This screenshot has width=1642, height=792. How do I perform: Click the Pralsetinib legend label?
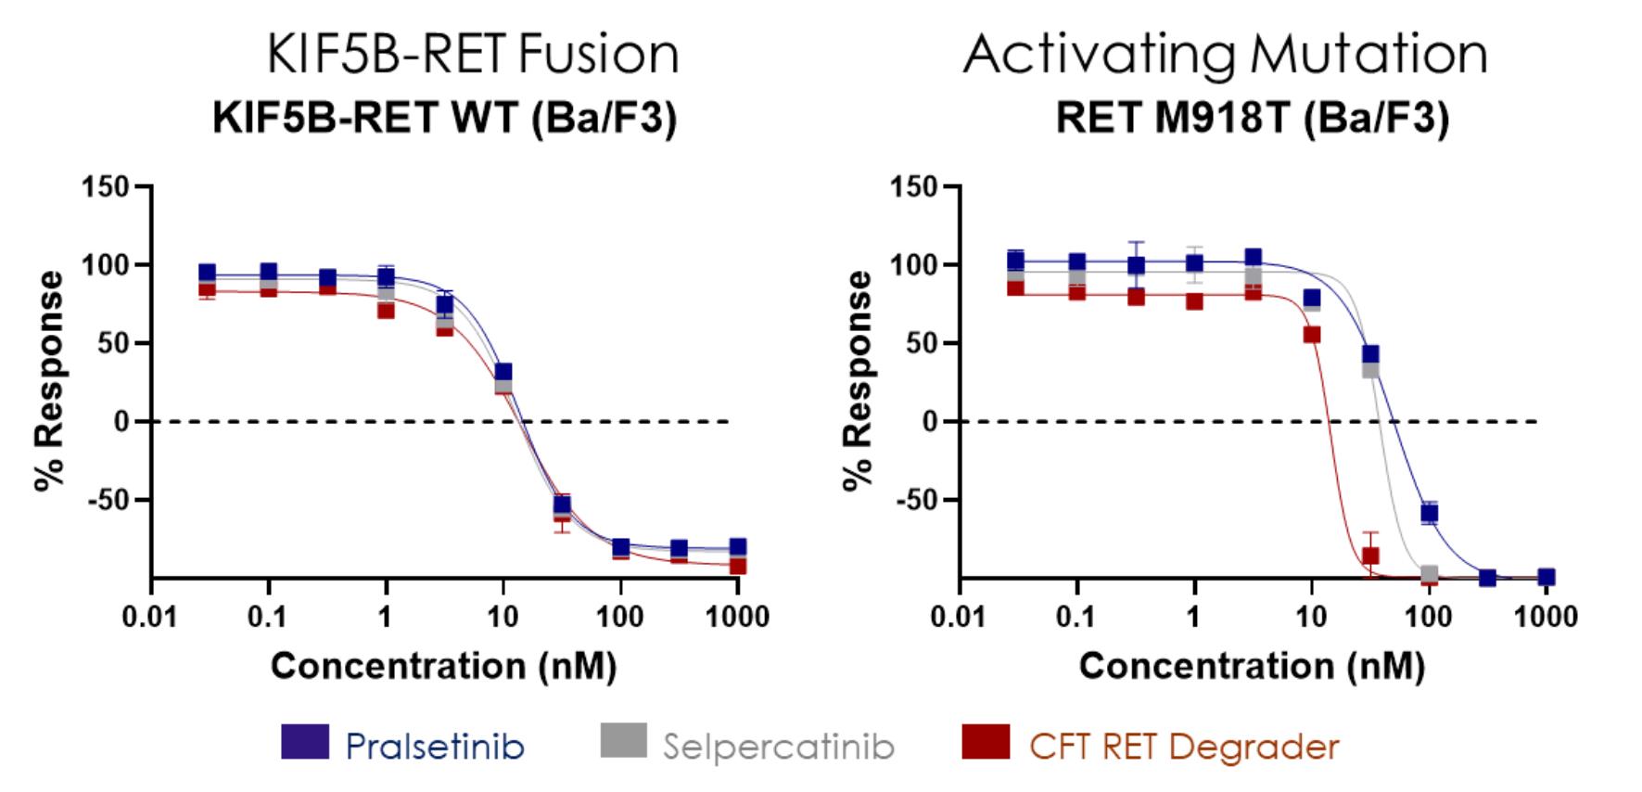434,746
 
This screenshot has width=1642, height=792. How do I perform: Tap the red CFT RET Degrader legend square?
986,741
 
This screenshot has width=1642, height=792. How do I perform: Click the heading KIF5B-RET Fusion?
473,54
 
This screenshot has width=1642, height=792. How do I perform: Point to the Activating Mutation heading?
1225,54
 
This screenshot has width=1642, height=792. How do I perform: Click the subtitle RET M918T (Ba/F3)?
1252,118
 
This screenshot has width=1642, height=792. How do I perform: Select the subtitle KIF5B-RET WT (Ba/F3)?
444,118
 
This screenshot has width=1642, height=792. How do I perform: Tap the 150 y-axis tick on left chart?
105,187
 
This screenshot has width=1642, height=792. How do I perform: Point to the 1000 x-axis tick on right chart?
1546,617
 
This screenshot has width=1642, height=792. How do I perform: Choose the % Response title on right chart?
859,380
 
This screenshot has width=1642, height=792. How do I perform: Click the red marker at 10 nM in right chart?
1312,335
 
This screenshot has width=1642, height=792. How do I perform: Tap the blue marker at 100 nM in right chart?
1430,513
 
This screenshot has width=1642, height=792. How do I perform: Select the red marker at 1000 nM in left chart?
738,566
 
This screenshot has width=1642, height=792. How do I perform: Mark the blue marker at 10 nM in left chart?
503,373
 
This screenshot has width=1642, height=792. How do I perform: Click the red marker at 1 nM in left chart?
386,310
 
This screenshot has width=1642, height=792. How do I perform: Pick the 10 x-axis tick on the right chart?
1311,617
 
